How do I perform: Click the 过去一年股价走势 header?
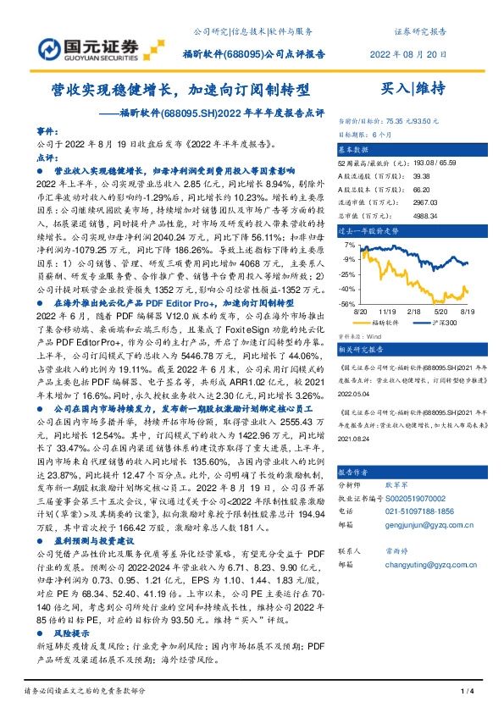pos(367,229)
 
